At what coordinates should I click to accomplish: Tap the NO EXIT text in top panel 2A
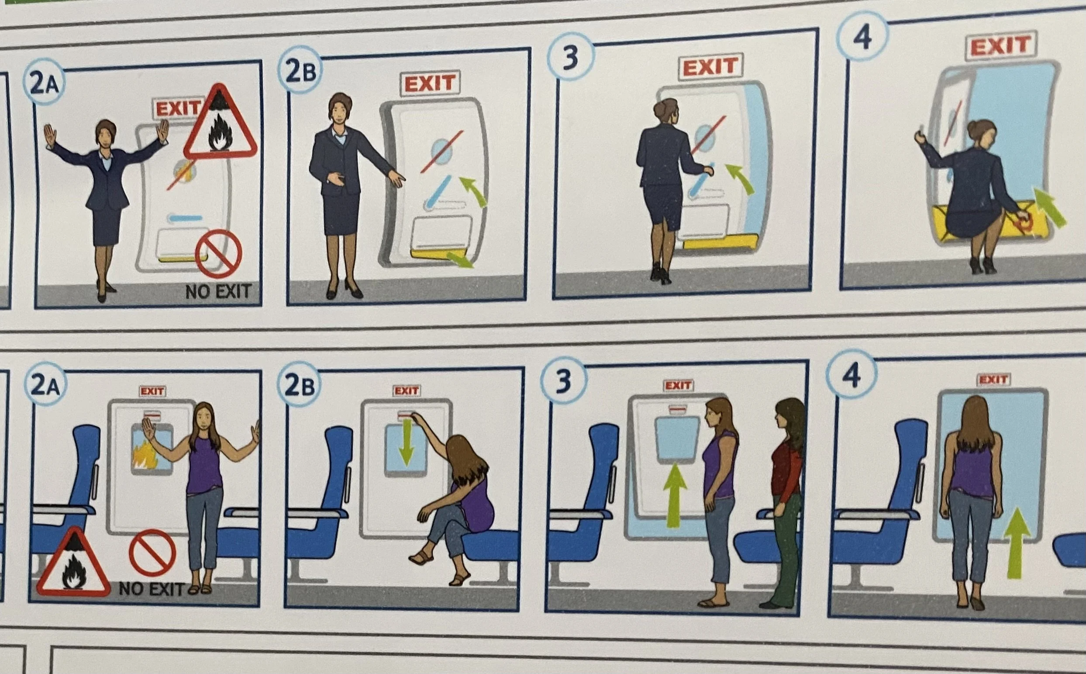click(x=218, y=292)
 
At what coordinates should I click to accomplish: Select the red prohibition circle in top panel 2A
click(x=218, y=254)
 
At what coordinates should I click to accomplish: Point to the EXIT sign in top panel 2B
click(x=430, y=84)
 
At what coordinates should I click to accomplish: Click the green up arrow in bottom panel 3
click(x=675, y=495)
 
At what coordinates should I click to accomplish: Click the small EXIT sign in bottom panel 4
click(x=994, y=379)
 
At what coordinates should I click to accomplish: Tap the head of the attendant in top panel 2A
click(x=106, y=134)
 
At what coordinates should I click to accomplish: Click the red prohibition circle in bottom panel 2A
click(x=152, y=553)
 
